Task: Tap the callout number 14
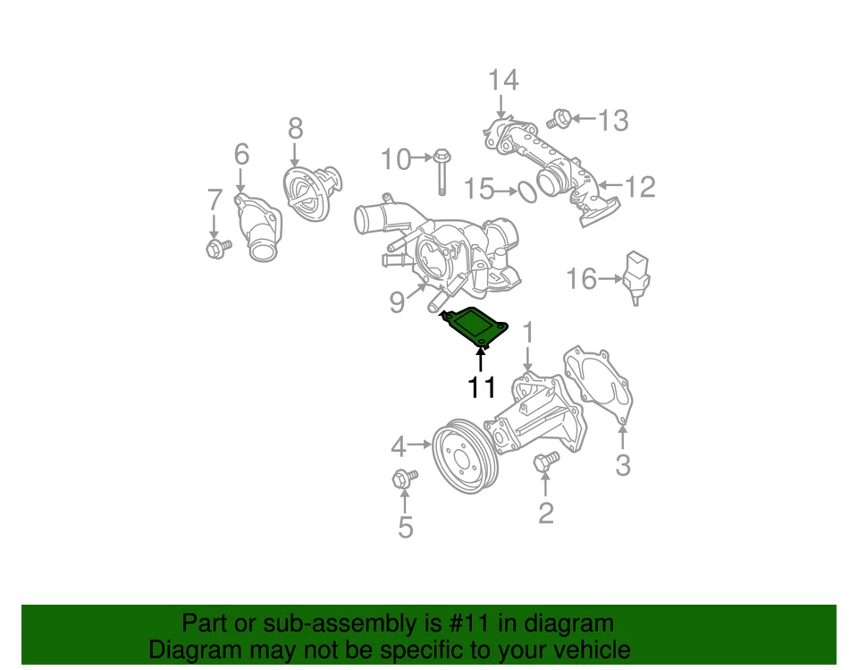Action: click(502, 81)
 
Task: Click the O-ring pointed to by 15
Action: click(527, 191)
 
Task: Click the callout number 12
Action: click(640, 187)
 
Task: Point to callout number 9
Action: click(397, 302)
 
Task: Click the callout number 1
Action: click(527, 333)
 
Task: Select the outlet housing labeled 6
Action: click(257, 228)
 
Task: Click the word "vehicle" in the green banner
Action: click(585, 649)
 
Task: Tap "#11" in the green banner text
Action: click(465, 623)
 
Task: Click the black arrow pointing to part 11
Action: click(481, 360)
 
